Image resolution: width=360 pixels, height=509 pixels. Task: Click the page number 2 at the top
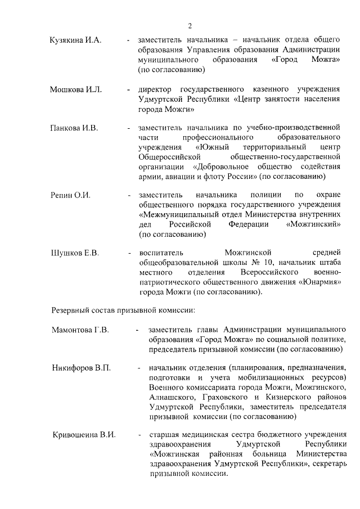click(x=190, y=26)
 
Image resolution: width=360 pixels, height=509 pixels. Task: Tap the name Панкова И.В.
click(x=74, y=128)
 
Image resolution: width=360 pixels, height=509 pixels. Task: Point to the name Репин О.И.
click(x=70, y=195)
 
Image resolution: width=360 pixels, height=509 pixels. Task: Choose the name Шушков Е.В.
click(x=74, y=253)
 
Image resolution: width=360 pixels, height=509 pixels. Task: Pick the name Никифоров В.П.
click(x=81, y=368)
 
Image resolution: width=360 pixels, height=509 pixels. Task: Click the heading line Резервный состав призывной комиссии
click(x=123, y=309)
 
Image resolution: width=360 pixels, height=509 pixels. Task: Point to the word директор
click(x=156, y=89)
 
